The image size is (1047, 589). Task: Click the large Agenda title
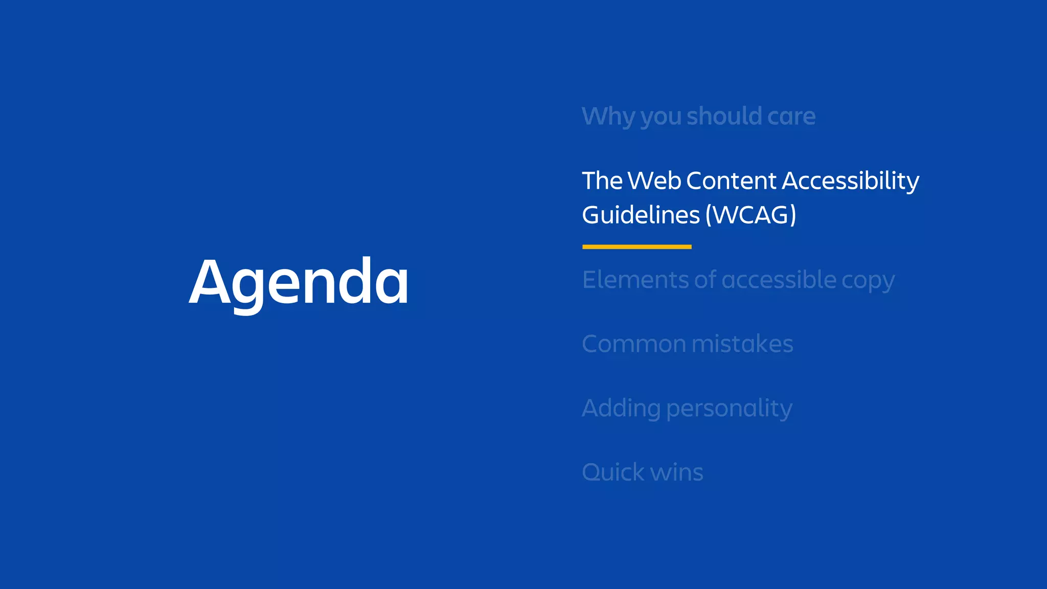point(299,282)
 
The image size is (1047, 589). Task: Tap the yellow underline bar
point(636,247)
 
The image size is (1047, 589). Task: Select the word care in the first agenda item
point(791,117)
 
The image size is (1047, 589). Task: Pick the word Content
point(731,180)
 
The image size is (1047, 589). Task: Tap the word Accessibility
point(850,181)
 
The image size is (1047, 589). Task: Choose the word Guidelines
point(641,215)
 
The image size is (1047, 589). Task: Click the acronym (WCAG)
point(750,215)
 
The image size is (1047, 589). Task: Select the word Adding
point(621,409)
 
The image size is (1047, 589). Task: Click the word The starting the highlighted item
point(602,180)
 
